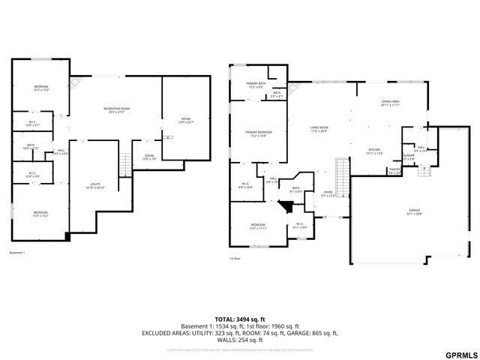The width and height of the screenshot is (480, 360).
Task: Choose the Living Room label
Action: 319,130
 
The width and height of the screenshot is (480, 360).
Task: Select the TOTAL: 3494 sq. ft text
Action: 239,319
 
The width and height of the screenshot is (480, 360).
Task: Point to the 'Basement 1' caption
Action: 17,252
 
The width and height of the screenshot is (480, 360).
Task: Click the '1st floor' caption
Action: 235,259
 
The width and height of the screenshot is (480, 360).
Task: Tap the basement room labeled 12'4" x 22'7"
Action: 185,120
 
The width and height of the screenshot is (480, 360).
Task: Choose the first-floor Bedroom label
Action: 258,226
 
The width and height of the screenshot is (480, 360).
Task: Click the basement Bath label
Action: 31,146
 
